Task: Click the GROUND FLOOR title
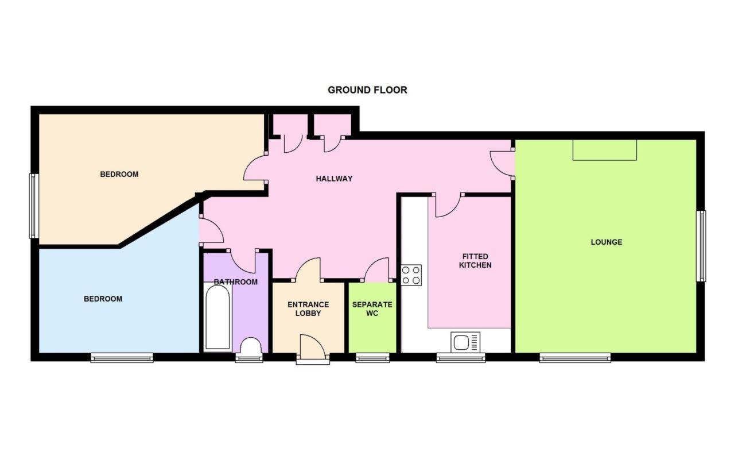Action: click(367, 90)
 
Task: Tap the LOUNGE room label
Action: click(607, 242)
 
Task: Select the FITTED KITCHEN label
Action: click(475, 261)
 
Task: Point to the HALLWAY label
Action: click(334, 179)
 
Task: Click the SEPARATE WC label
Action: click(372, 308)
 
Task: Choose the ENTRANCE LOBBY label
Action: click(308, 308)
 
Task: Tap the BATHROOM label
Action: click(236, 282)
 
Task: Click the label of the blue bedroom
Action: click(103, 299)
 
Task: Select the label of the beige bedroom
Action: click(119, 174)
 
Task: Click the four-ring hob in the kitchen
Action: click(411, 275)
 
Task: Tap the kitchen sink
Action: click(465, 342)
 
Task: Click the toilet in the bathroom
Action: click(250, 346)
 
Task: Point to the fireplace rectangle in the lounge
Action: click(605, 150)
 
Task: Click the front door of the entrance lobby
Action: click(312, 347)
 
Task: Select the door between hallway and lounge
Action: click(502, 163)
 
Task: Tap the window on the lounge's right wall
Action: click(701, 246)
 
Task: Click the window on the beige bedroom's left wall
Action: click(34, 206)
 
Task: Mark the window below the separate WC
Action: click(372, 358)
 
